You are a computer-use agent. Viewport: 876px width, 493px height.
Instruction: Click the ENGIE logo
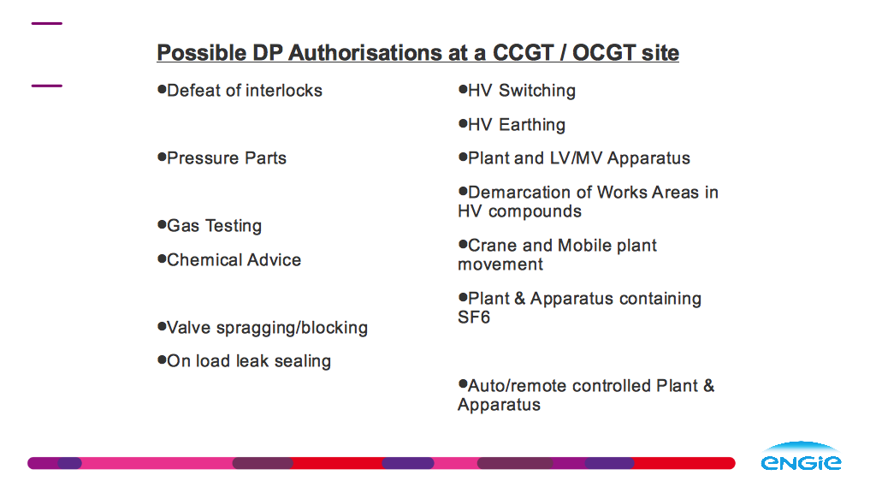click(801, 456)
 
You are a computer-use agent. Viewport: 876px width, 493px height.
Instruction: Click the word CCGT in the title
click(523, 53)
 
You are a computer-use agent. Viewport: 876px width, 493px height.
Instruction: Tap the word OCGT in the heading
click(603, 53)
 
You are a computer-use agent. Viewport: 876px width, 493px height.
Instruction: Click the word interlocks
click(284, 91)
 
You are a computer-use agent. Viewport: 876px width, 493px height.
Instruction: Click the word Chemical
click(204, 260)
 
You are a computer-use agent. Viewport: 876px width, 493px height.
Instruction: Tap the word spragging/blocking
click(293, 328)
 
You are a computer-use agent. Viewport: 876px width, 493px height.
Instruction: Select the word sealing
click(303, 362)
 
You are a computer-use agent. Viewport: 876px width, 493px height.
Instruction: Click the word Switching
click(537, 91)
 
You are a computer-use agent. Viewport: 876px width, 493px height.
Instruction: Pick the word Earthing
click(532, 125)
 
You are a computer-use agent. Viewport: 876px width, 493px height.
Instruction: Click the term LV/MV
click(576, 158)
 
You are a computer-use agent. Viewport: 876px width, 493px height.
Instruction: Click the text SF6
click(474, 318)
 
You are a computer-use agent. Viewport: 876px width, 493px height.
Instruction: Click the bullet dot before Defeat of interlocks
click(162, 89)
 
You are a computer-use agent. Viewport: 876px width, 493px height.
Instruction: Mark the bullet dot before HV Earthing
click(463, 123)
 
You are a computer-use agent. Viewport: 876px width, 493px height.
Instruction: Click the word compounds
click(535, 212)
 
